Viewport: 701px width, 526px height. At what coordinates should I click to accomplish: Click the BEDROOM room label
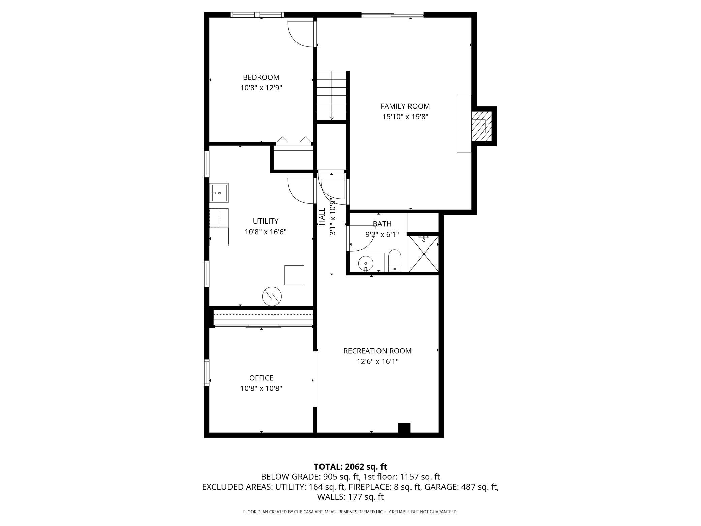(261, 77)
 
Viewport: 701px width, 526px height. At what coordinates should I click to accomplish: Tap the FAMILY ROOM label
(405, 106)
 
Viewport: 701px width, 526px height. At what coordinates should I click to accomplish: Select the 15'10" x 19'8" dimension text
(405, 117)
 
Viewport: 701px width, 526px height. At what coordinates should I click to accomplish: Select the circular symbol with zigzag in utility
(272, 296)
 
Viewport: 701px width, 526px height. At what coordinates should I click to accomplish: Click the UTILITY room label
(266, 221)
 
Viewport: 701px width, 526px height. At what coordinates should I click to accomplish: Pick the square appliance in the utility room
(294, 275)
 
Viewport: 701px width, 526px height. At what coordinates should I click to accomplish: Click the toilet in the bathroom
(395, 261)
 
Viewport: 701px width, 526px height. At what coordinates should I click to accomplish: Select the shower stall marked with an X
(424, 254)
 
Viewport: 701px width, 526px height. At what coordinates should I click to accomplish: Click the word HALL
(322, 216)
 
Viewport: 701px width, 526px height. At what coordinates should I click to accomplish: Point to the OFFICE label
(261, 378)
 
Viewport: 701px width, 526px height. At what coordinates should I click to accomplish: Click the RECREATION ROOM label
(377, 351)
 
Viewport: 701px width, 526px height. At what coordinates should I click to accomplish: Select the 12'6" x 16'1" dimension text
(377, 362)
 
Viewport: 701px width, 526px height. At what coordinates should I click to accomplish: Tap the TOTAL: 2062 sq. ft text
(350, 467)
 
